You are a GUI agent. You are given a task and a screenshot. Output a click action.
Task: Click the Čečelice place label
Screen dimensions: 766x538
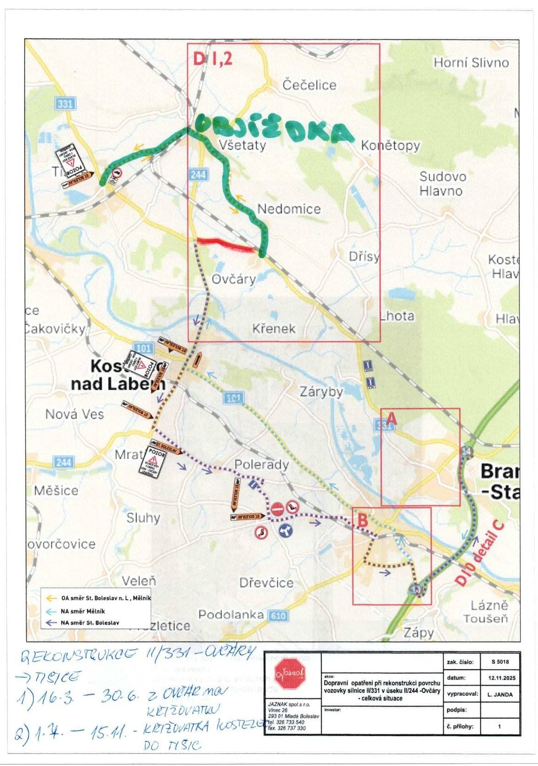[309, 85]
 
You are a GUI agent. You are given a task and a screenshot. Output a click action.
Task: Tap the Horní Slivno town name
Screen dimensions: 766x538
[471, 63]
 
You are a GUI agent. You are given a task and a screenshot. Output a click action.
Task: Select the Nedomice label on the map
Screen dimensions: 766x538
[288, 209]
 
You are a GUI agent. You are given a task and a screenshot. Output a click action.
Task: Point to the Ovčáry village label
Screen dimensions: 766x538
[234, 279]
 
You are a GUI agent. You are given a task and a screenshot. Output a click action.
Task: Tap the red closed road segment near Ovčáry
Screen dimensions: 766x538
[224, 244]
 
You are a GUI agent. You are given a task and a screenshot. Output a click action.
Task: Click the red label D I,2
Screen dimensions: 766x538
[212, 59]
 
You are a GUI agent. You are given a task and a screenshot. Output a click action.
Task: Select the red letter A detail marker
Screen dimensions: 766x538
[391, 418]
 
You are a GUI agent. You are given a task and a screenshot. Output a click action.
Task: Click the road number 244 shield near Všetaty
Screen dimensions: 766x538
[198, 174]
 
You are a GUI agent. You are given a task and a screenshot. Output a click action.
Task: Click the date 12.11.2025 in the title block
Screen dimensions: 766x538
[499, 678]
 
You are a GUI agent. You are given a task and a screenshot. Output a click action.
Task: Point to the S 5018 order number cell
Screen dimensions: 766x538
[499, 662]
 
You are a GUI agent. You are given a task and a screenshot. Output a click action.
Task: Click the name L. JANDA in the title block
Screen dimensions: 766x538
[499, 694]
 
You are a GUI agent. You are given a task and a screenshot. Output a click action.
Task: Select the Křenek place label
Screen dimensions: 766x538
[273, 329]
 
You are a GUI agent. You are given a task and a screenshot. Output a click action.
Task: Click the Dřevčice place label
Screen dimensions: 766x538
[266, 582]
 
